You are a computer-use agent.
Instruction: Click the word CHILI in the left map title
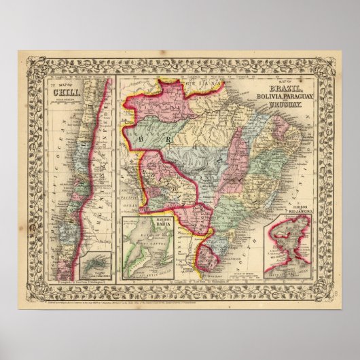pos(64,95)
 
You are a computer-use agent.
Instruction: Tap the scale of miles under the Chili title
pos(63,105)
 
